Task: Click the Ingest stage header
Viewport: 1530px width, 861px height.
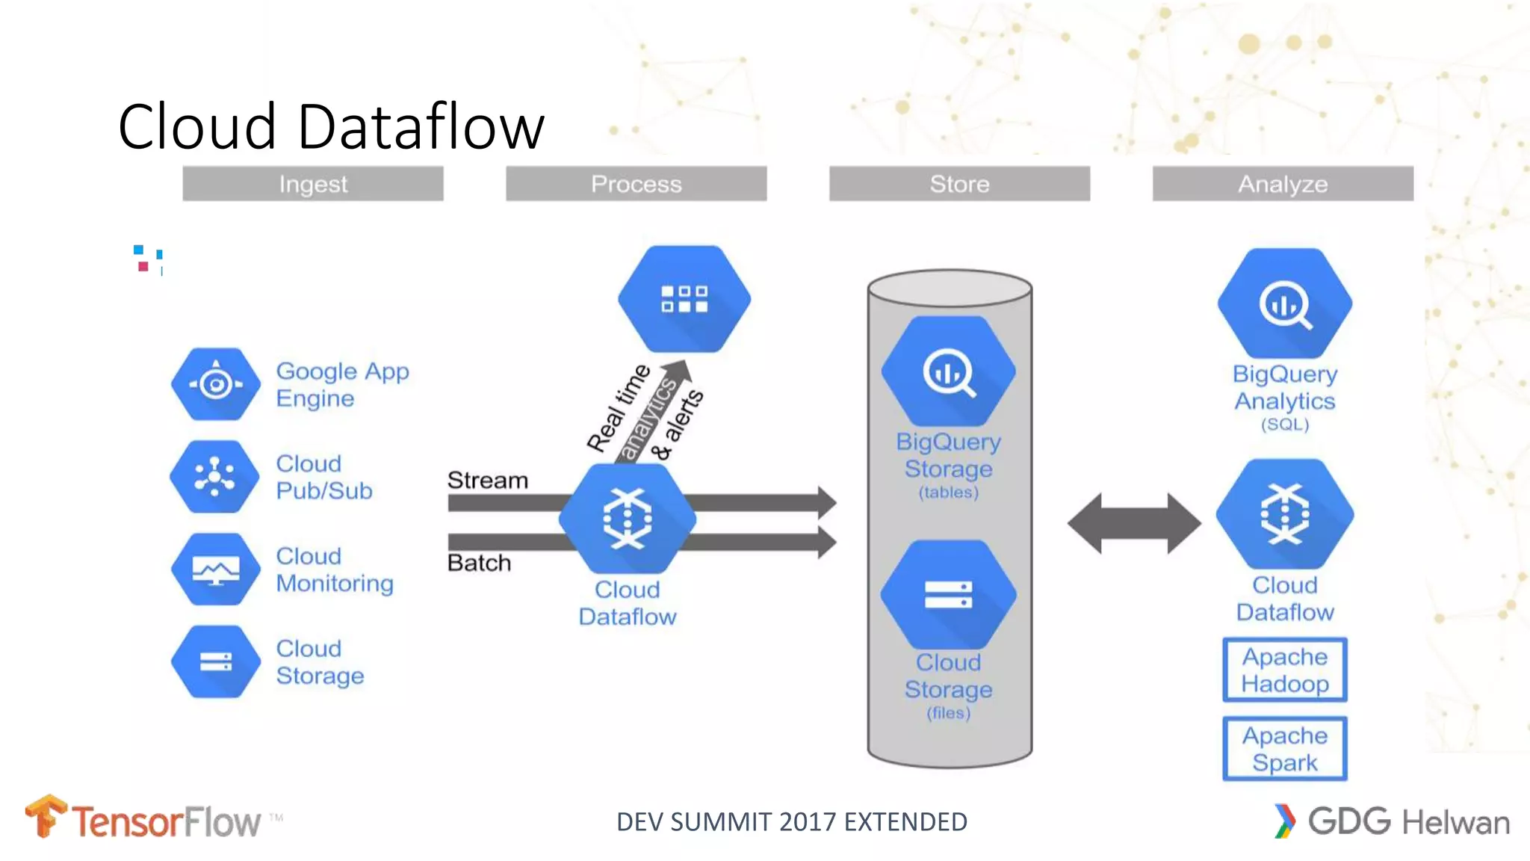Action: [x=312, y=184]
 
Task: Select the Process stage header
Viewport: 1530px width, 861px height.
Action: [x=636, y=184]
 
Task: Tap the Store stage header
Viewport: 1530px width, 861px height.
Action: [x=959, y=184]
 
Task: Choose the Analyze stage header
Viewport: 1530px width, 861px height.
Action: [x=1283, y=184]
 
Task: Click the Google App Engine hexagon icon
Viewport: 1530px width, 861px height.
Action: [x=216, y=384]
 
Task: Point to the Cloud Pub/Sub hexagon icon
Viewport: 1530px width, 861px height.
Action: [x=215, y=477]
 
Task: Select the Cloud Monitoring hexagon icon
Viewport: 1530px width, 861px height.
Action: [x=216, y=570]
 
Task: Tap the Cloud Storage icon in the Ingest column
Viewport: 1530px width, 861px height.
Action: [x=216, y=661]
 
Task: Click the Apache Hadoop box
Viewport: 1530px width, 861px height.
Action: [x=1285, y=670]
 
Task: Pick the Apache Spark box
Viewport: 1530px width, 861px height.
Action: [x=1285, y=749]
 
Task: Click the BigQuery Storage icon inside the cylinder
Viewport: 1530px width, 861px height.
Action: [x=949, y=371]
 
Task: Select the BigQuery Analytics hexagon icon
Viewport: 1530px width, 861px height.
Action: [x=1285, y=303]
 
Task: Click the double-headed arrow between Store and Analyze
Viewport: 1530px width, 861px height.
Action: [x=1134, y=523]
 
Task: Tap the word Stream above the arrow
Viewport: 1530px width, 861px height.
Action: [x=487, y=480]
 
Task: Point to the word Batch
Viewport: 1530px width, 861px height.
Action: [x=479, y=563]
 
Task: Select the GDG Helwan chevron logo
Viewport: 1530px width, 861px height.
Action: [x=1285, y=821]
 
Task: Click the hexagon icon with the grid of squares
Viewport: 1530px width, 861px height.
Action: [x=684, y=299]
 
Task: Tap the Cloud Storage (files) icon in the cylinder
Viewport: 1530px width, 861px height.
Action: [x=949, y=595]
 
